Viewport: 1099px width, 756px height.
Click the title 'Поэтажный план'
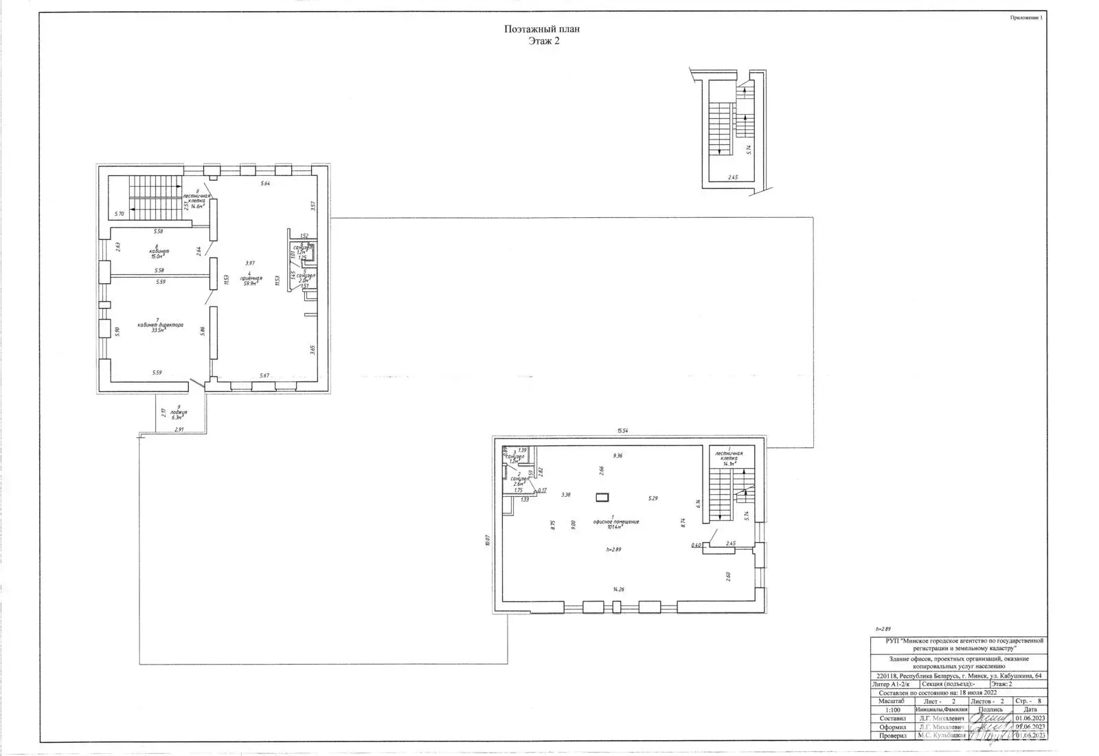543,29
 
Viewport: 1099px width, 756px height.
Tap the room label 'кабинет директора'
160,325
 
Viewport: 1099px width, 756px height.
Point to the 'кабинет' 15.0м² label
159,252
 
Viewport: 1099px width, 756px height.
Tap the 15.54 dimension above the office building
622,431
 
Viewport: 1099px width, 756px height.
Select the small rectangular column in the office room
603,496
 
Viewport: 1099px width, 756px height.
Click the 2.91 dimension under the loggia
179,430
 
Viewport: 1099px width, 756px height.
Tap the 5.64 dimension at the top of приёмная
264,184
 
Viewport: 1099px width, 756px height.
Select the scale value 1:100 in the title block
892,710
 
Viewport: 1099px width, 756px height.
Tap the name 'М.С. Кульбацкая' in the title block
942,735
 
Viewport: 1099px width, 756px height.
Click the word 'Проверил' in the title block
892,735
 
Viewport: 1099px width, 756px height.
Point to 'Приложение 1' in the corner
1026,18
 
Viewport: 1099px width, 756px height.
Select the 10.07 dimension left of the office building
487,539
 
